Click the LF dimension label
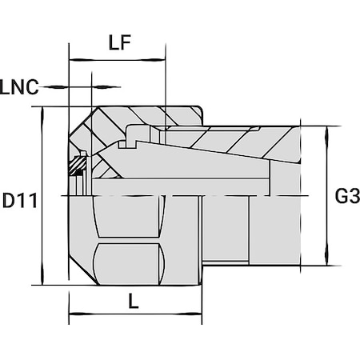click(x=119, y=45)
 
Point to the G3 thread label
click(x=346, y=197)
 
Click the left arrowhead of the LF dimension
click(x=74, y=60)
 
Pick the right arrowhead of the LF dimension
click(x=161, y=60)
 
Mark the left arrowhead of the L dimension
click(x=74, y=314)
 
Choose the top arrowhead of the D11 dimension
click(x=42, y=111)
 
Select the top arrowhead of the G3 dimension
click(x=327, y=130)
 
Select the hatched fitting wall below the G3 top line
click(x=240, y=142)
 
